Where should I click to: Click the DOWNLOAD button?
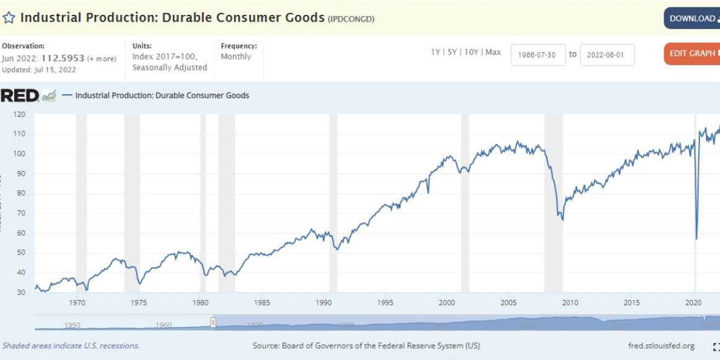coord(691,19)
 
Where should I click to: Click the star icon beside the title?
coord(9,18)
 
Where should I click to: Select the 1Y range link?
coord(436,53)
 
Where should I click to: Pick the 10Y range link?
coord(470,53)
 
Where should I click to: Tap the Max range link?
coord(493,53)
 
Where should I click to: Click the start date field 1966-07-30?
coord(538,55)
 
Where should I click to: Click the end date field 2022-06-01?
coord(607,55)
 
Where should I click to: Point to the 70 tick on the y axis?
coord(20,213)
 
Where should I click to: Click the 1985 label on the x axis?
coord(262,303)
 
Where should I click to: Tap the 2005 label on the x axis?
coord(509,303)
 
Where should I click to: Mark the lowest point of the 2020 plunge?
coord(696,239)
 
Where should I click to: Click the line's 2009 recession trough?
coord(562,220)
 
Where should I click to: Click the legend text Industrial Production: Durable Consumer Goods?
coord(162,95)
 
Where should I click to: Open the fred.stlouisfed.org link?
coord(661,346)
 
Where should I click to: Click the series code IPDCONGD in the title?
coord(351,19)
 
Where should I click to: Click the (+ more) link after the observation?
coord(102,59)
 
